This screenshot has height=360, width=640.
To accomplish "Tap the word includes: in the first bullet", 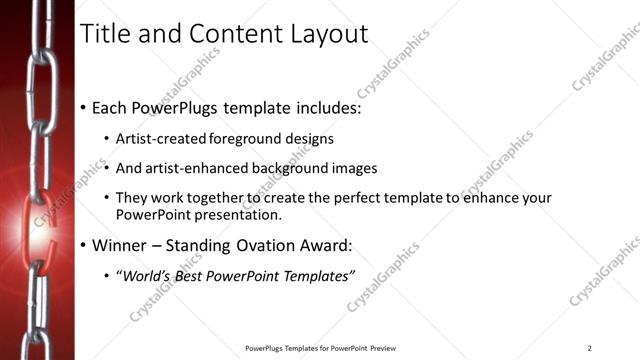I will click(326, 107).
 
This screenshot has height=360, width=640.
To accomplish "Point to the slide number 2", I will click(589, 348).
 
